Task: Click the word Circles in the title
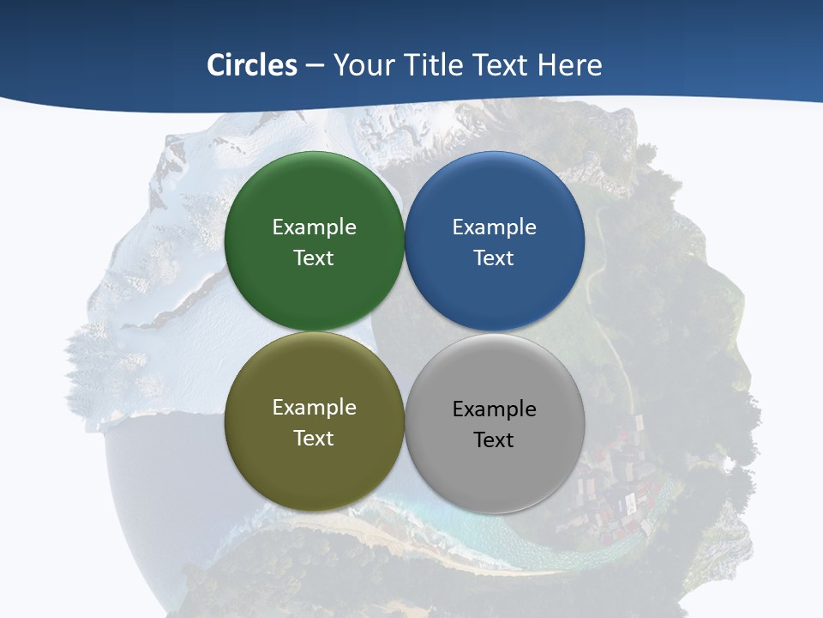(x=251, y=65)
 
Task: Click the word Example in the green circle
(x=314, y=227)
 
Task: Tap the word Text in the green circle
(x=314, y=258)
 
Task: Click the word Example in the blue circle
(x=495, y=227)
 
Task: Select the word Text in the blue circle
(x=495, y=258)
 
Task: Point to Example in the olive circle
(x=314, y=408)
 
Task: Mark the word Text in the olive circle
(x=314, y=439)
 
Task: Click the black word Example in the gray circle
(x=495, y=409)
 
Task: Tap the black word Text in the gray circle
(x=495, y=440)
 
